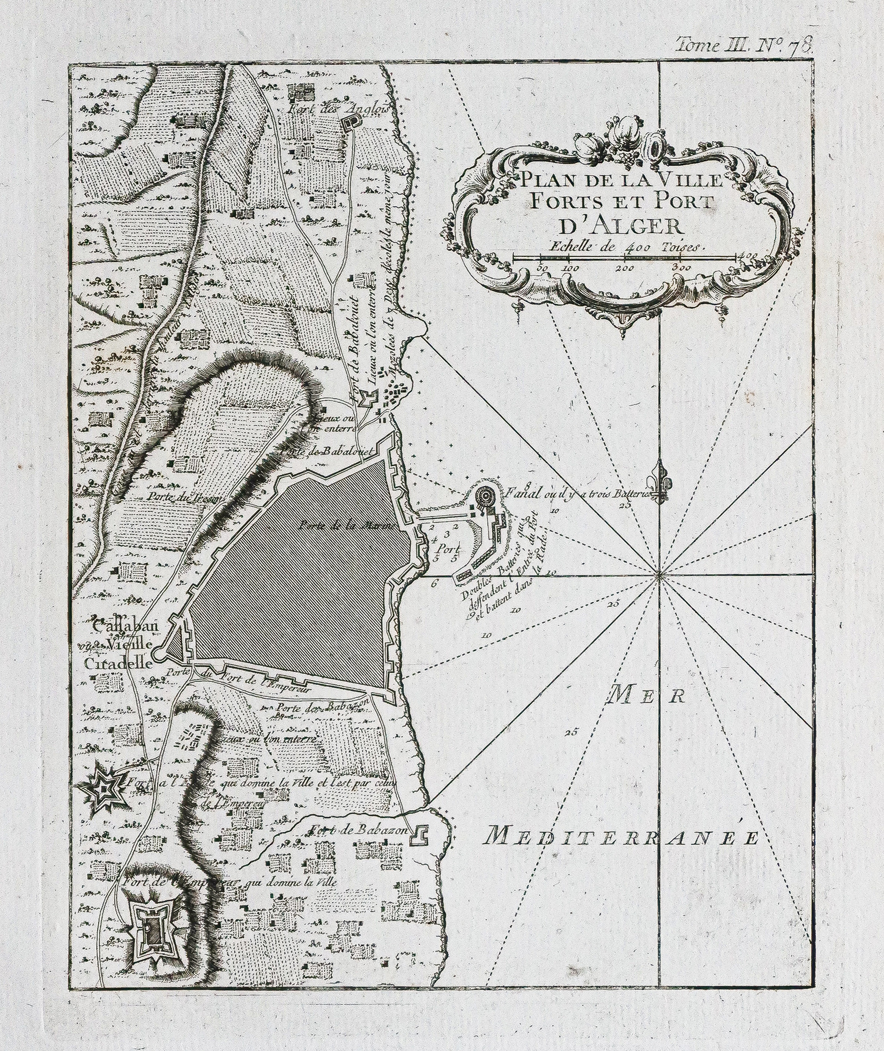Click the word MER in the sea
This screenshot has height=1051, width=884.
point(647,697)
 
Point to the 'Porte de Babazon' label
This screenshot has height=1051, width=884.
point(322,705)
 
